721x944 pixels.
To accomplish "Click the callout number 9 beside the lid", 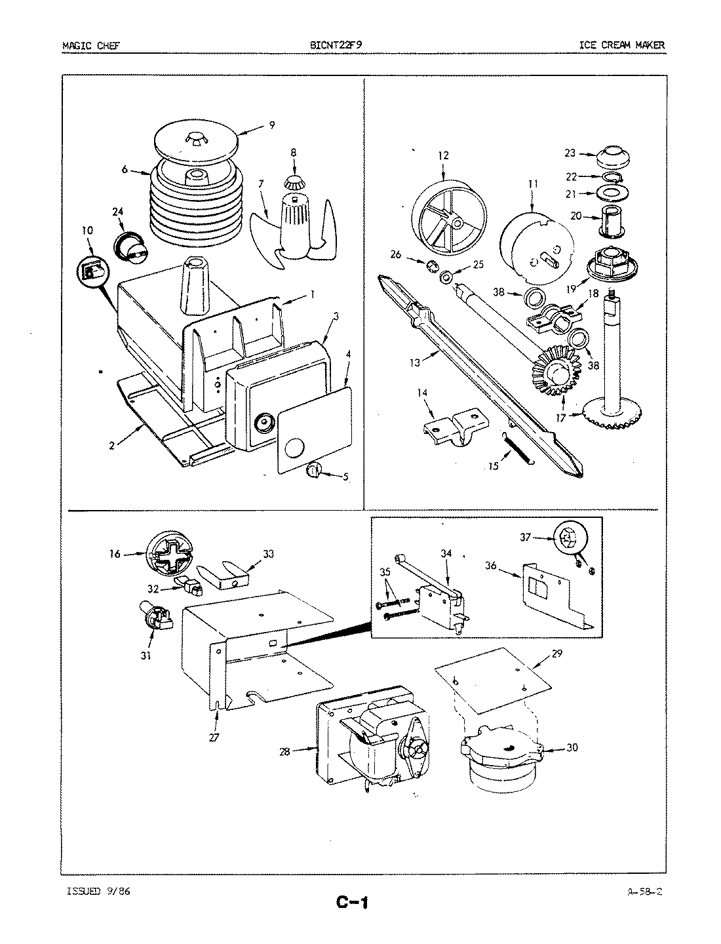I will (271, 125).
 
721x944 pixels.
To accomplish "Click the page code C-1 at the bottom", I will (353, 903).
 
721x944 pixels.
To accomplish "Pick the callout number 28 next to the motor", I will (285, 751).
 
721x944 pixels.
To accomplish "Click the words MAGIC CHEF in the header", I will (90, 45).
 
